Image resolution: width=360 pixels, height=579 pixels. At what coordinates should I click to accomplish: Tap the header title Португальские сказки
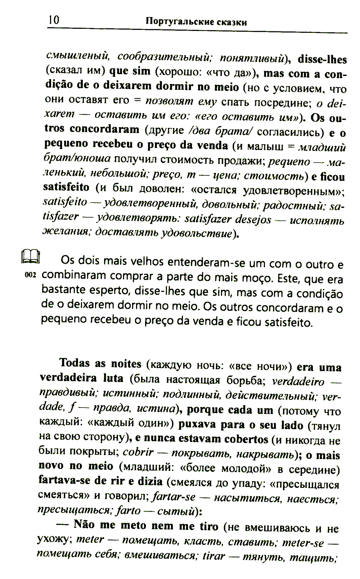(x=196, y=22)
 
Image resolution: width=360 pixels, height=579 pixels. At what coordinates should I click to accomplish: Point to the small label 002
(x=31, y=275)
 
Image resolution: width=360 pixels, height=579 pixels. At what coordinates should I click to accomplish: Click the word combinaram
(x=74, y=276)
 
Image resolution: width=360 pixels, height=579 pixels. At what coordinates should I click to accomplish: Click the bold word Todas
(x=75, y=362)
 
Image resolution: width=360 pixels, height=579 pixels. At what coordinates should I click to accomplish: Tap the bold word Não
(x=84, y=524)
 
